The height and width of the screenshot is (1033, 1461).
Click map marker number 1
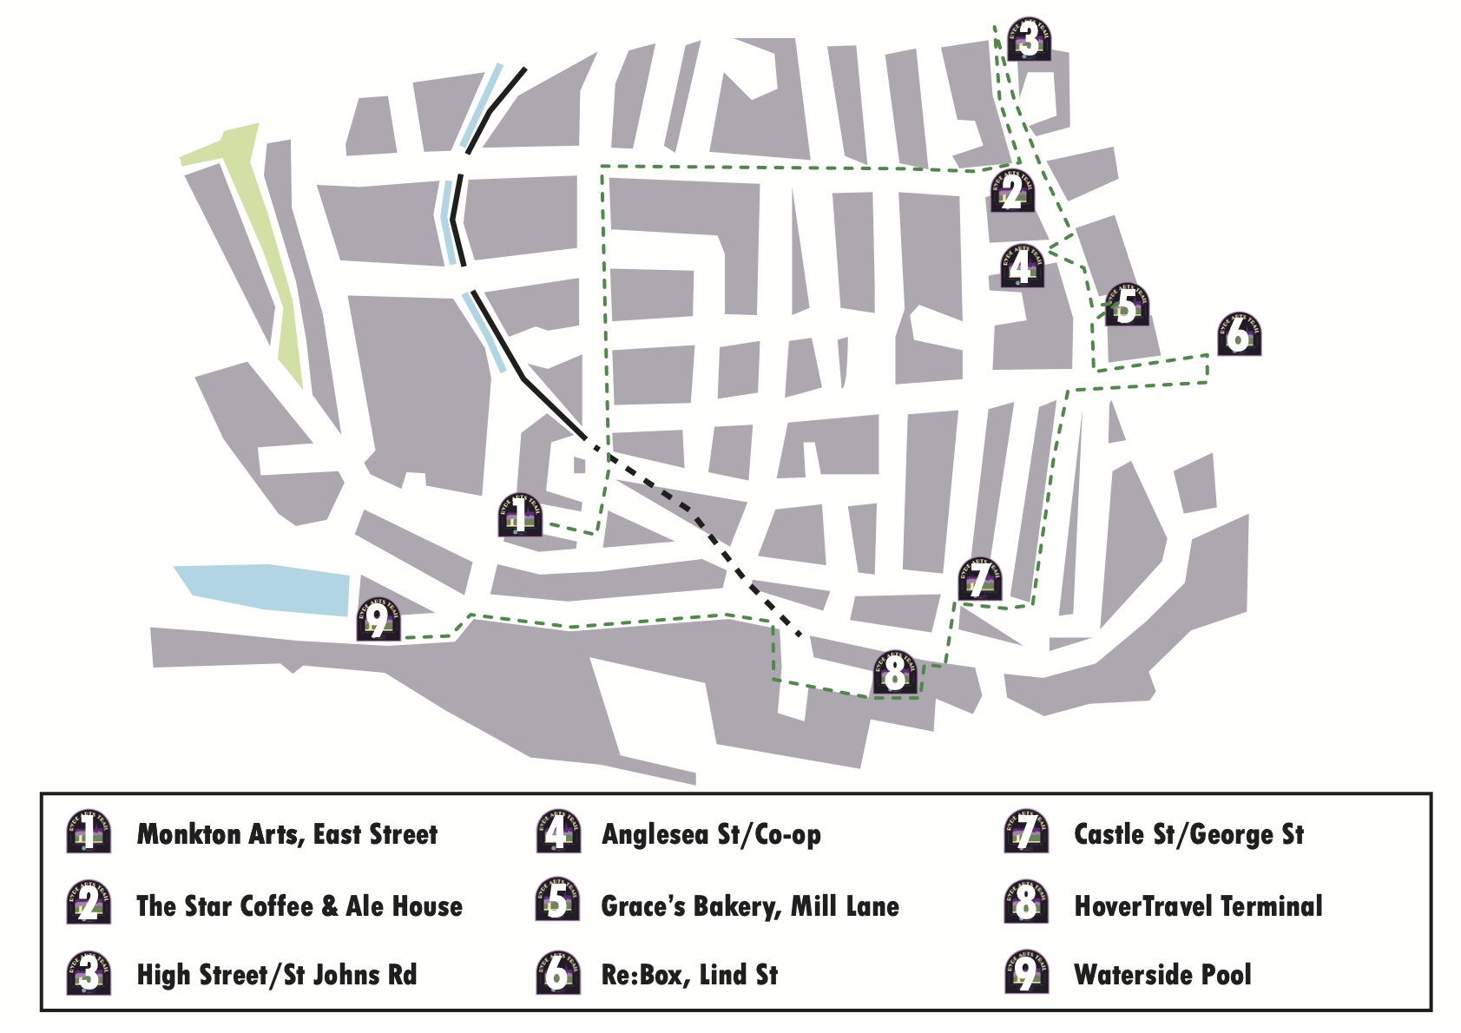pos(520,515)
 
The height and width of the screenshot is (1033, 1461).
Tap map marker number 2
pos(1012,191)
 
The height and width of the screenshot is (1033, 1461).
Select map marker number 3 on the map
pos(1030,40)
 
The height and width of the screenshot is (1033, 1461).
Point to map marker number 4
pos(1022,266)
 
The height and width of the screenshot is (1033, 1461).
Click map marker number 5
pos(1127,305)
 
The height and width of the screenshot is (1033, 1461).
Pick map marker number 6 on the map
pos(1239,334)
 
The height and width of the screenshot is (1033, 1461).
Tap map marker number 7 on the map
pos(980,580)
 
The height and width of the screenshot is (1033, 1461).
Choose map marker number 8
pos(895,673)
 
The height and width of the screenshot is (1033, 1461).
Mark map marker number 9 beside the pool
pos(378,620)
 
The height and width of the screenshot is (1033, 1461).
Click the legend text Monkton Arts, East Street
pos(287,834)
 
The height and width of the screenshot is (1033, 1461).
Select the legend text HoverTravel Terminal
pos(1198,906)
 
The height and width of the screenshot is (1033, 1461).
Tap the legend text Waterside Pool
pos(1162,975)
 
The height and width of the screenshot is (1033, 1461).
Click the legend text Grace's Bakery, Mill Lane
pos(750,906)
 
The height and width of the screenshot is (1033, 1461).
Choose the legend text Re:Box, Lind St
pos(689,975)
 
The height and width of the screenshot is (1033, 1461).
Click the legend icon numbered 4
pos(557,832)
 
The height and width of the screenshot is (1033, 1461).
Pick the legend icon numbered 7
pos(1026,832)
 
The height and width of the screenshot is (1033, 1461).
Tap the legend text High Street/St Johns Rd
pos(277,975)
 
